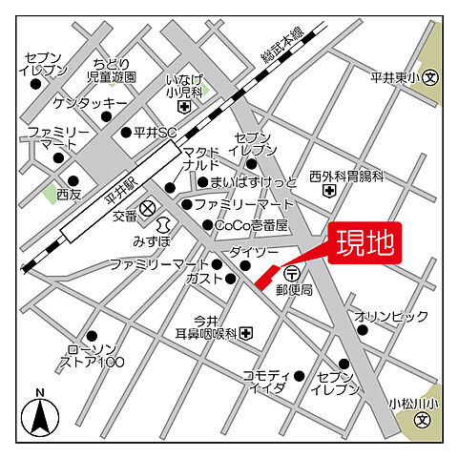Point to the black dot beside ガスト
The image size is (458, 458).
231,279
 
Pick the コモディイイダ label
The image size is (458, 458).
264,383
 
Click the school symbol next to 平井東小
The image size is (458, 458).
430,77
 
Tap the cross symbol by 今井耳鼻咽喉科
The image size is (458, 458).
247,332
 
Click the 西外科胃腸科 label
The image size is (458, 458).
345,177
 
